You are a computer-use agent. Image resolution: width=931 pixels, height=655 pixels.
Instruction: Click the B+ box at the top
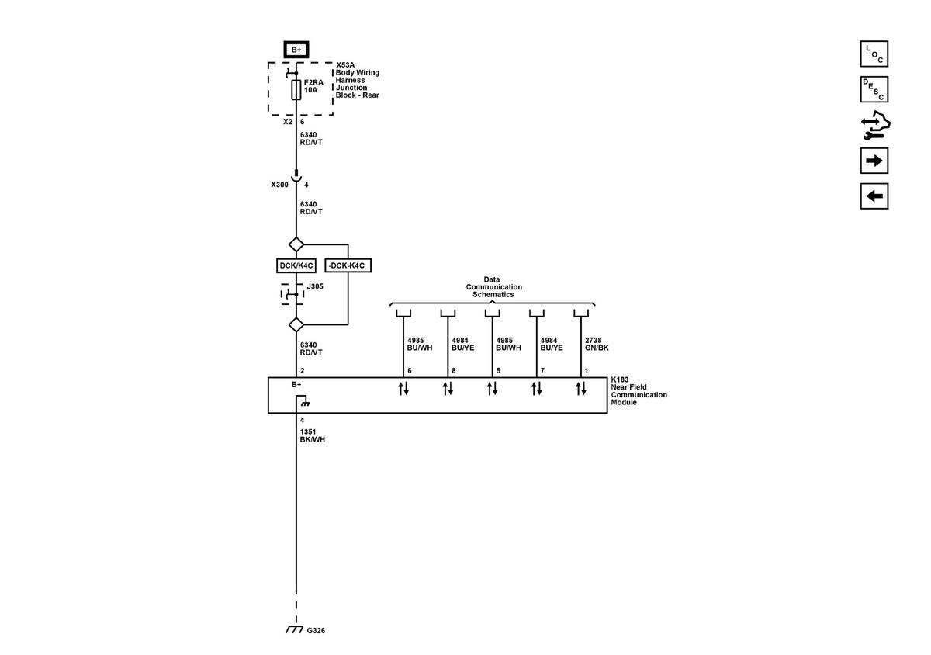[296, 50]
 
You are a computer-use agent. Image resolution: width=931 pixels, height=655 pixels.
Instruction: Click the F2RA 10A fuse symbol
[296, 90]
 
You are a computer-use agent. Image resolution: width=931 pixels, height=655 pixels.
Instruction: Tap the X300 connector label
[279, 185]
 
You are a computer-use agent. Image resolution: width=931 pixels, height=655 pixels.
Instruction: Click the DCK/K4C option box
[296, 265]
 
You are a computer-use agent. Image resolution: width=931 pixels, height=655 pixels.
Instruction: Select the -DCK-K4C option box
[347, 265]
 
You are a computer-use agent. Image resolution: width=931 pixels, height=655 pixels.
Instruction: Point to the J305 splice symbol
[293, 295]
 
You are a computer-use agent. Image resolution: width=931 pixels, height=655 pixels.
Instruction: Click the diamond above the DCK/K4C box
[296, 244]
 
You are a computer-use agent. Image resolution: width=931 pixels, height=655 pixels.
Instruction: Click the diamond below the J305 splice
[296, 324]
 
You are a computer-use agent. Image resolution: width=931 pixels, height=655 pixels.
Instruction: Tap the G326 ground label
[315, 631]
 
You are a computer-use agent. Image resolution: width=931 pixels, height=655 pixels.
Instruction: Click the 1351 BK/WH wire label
[312, 435]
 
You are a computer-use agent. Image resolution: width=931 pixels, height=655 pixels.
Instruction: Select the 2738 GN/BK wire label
[597, 344]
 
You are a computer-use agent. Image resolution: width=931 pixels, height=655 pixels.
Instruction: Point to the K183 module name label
[639, 391]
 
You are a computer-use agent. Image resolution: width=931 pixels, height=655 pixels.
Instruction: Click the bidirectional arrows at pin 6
[403, 389]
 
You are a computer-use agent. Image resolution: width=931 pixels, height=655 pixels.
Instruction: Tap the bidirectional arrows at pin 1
[581, 389]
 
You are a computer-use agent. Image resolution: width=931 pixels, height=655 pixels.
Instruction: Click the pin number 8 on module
[453, 371]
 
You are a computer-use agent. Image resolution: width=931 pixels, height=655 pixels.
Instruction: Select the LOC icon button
[874, 54]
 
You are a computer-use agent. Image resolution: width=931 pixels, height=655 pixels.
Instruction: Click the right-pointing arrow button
[874, 161]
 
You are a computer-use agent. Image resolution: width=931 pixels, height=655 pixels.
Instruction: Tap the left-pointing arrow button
[874, 196]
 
